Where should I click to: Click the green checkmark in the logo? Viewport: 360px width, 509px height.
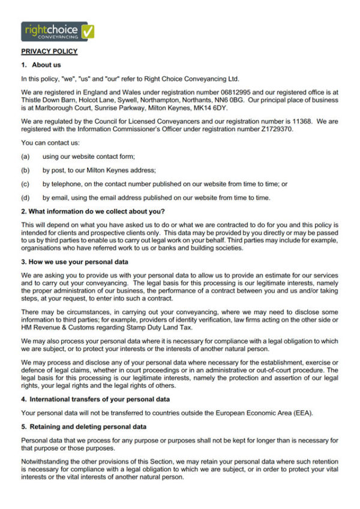[x=87, y=31]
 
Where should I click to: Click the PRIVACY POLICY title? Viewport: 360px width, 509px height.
[x=49, y=52]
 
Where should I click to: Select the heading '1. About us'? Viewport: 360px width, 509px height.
[x=41, y=65]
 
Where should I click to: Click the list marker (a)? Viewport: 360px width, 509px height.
[x=25, y=156]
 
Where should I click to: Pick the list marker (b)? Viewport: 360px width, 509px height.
[x=25, y=170]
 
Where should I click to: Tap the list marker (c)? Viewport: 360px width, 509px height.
[x=25, y=184]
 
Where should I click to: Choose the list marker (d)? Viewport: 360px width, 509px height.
[x=25, y=198]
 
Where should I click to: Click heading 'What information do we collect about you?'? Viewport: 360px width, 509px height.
[x=93, y=211]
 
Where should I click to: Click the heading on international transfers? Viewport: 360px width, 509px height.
[x=95, y=399]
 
